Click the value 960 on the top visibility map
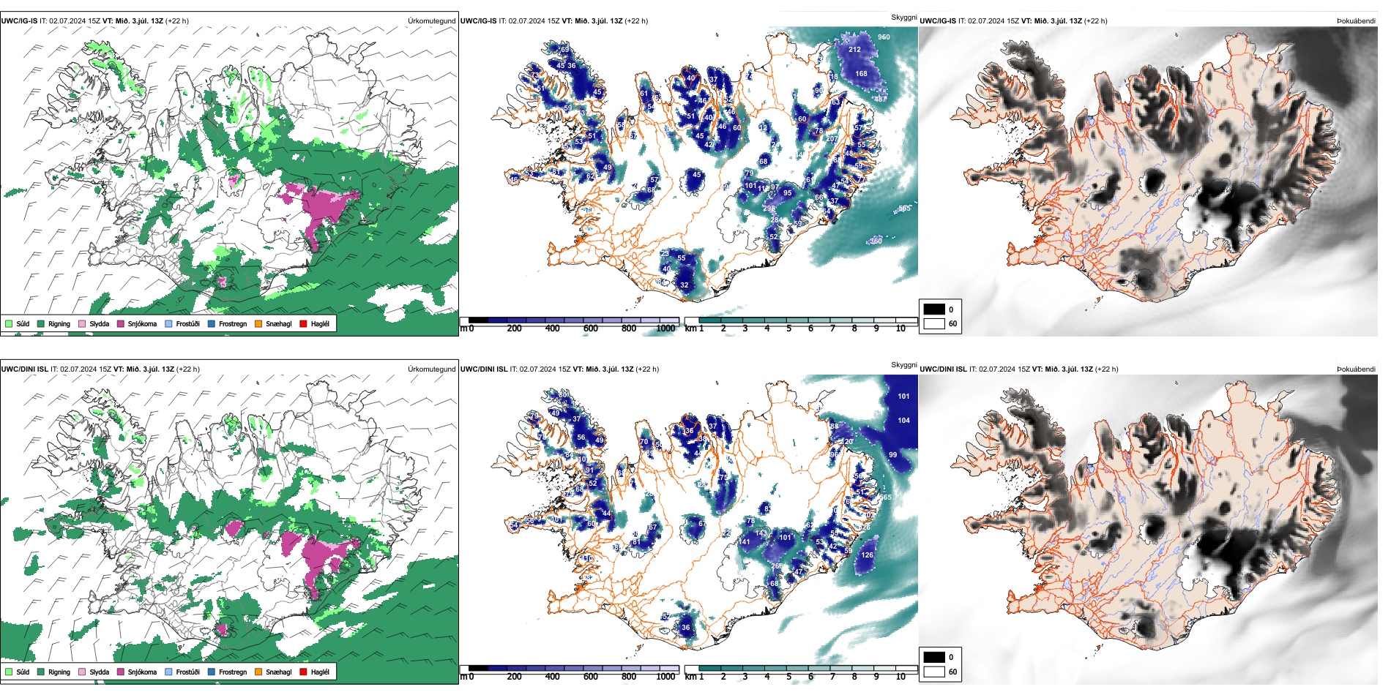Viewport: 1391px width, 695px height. [884, 37]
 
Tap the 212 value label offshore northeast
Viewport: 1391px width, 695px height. [854, 50]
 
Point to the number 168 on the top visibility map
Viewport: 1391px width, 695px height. [861, 73]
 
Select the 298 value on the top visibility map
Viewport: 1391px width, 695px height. [769, 209]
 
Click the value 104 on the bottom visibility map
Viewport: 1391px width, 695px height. [903, 420]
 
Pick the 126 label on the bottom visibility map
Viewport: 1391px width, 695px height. [867, 555]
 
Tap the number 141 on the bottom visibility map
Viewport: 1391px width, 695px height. [745, 542]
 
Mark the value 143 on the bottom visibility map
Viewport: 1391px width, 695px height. [761, 533]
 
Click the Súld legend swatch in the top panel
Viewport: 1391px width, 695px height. [9, 323]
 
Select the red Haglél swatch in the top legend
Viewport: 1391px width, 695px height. [303, 323]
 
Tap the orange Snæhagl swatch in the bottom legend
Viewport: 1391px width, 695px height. [258, 672]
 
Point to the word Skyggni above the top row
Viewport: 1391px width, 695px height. [903, 18]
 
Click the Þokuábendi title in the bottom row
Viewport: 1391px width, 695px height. [1356, 369]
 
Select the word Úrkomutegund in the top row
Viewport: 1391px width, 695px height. [431, 20]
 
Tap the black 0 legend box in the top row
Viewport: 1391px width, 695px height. [934, 309]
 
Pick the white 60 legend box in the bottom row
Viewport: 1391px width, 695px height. [934, 672]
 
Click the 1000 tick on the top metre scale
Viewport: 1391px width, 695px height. [665, 328]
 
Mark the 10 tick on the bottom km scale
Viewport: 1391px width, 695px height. [900, 677]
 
